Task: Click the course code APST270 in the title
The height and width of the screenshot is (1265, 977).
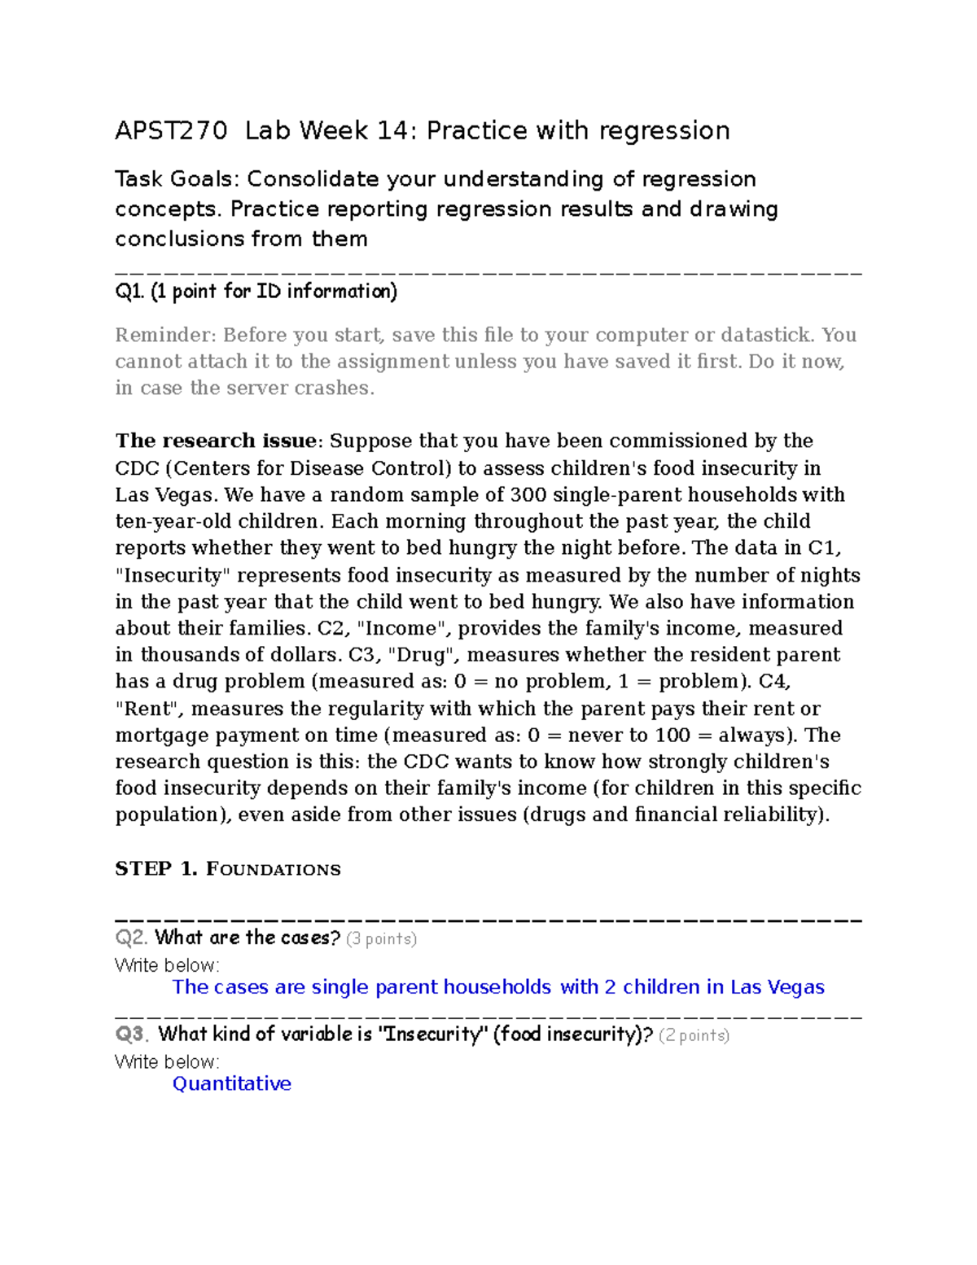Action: [171, 130]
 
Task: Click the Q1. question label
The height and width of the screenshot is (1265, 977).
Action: [129, 292]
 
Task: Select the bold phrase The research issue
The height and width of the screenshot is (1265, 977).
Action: [216, 441]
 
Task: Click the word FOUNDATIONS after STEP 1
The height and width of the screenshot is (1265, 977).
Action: [274, 870]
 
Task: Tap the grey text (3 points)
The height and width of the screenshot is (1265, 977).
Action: [381, 938]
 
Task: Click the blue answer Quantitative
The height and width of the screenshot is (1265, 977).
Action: [231, 1083]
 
